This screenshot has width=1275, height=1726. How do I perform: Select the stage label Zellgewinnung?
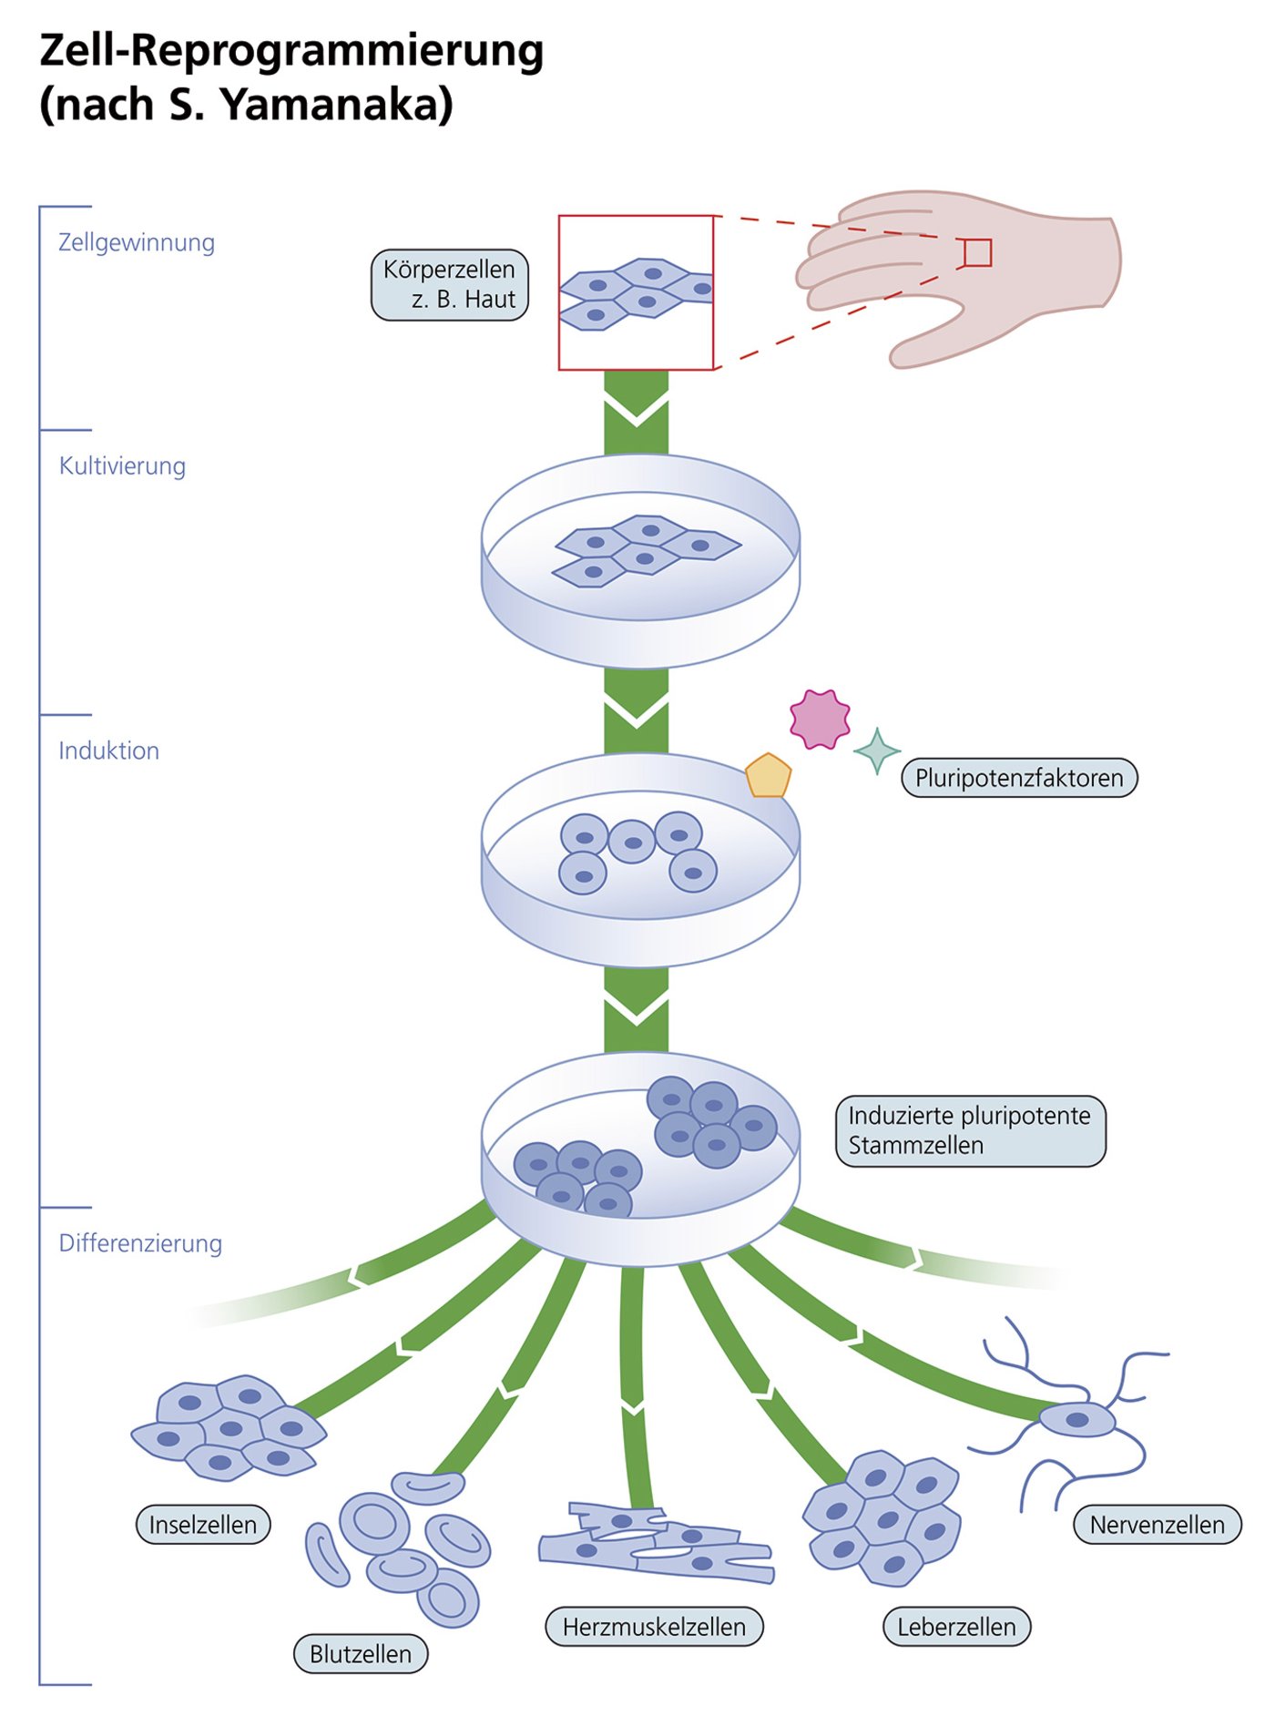[x=137, y=243]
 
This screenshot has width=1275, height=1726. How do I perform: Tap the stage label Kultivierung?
[x=122, y=466]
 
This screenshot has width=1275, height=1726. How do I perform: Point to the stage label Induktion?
[x=108, y=751]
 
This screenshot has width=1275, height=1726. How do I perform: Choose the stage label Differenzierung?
[x=140, y=1244]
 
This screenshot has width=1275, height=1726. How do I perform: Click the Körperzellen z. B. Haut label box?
[x=450, y=285]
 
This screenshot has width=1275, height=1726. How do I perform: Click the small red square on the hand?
[x=977, y=253]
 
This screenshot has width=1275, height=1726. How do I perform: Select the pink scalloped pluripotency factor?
[x=820, y=720]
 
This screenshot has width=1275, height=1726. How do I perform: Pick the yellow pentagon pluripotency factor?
[x=768, y=777]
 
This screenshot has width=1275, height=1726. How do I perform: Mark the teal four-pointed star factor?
[x=877, y=751]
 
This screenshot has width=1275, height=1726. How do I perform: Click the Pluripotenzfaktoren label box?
[x=1019, y=779]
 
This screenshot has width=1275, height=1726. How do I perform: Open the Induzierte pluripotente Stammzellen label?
[x=970, y=1131]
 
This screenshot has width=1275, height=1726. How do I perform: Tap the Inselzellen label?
[x=203, y=1525]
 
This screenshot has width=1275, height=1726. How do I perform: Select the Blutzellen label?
[x=361, y=1654]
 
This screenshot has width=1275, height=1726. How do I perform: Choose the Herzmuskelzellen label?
[x=654, y=1627]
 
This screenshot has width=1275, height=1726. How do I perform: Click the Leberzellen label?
[x=956, y=1627]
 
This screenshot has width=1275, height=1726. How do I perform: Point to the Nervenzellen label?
[x=1157, y=1525]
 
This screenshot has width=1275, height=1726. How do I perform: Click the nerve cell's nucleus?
[x=1077, y=1420]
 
